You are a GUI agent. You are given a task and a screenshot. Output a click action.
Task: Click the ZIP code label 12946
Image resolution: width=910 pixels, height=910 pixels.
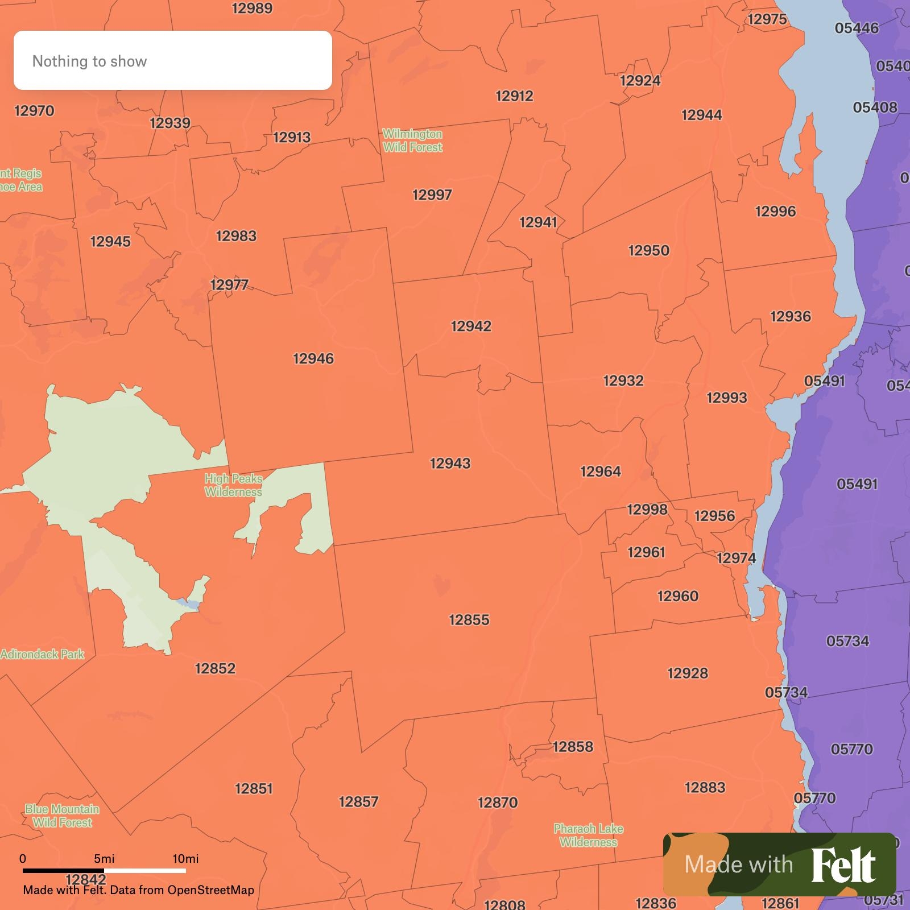313,359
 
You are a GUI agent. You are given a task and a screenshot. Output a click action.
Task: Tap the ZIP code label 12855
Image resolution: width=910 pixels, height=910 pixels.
469,620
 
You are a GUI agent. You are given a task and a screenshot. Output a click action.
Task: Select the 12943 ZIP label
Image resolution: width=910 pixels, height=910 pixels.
450,464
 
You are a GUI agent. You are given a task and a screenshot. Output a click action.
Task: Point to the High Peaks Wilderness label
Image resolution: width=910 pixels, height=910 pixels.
233,485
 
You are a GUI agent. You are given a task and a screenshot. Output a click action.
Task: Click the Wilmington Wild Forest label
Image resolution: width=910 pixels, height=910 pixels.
412,140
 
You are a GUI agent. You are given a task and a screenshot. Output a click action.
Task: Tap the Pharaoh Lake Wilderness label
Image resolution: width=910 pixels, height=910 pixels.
588,835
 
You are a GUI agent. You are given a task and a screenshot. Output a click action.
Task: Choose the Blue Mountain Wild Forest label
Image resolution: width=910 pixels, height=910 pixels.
62,816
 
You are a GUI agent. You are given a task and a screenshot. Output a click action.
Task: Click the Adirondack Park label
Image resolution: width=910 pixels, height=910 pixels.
42,655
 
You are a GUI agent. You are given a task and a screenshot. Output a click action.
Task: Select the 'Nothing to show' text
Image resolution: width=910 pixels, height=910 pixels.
89,61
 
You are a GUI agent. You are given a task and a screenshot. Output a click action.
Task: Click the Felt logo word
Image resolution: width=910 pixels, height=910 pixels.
843,865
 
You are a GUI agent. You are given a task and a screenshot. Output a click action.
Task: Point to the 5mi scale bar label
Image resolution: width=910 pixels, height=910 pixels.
104,859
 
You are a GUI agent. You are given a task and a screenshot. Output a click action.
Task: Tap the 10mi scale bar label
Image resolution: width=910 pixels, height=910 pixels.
185,859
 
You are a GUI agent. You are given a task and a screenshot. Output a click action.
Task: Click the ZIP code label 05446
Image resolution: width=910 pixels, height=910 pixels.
857,28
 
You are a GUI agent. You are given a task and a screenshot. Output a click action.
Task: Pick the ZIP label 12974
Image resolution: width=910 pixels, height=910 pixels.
736,558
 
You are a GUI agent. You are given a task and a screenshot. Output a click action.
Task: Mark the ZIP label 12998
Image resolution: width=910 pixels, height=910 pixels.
647,510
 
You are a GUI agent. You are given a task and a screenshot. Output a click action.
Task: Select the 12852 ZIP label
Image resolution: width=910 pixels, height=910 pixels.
215,669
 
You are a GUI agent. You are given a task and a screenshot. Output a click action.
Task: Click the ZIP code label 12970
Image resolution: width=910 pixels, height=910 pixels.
34,111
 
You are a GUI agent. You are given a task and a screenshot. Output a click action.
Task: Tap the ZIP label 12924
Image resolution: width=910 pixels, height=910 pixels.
640,81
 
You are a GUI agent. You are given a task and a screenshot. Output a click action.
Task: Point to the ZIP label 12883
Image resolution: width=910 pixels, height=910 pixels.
705,788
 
